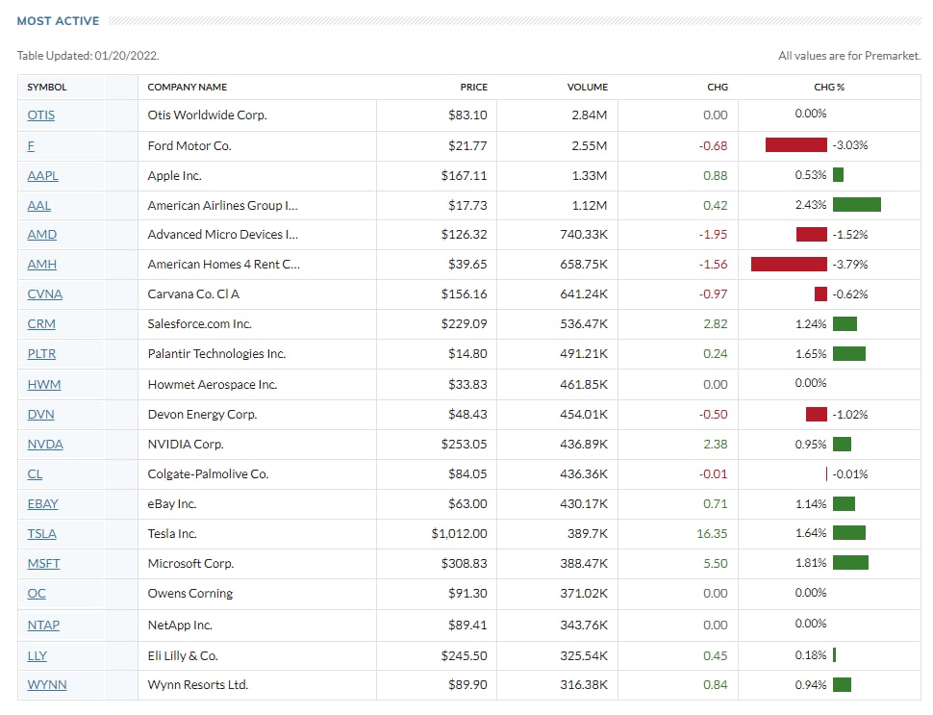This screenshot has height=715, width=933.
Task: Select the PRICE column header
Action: pos(473,87)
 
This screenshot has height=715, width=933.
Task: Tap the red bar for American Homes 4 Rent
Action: pos(789,265)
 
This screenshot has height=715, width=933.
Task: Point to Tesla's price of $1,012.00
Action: pos(459,534)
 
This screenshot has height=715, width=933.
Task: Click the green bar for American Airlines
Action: pos(857,205)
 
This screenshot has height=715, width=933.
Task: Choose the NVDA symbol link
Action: pos(45,445)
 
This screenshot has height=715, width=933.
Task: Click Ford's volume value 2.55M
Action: pos(589,146)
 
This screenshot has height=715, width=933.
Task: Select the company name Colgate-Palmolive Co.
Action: pos(208,474)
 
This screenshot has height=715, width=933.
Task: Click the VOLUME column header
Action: pos(587,87)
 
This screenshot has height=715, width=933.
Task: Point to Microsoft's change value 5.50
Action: pos(716,564)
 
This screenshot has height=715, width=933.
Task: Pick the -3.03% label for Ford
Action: pos(850,146)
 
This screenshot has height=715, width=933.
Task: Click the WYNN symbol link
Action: pos(47,685)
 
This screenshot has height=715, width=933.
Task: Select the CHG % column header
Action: pos(828,87)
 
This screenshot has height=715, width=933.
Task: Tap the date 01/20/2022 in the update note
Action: pos(126,56)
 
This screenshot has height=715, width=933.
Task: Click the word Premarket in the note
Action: pos(892,56)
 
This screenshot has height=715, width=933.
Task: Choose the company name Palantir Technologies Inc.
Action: pos(216,354)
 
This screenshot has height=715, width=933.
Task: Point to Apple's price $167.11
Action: pos(465,176)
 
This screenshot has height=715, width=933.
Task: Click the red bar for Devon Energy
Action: pos(817,415)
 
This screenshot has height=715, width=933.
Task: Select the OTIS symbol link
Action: pos(41,115)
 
